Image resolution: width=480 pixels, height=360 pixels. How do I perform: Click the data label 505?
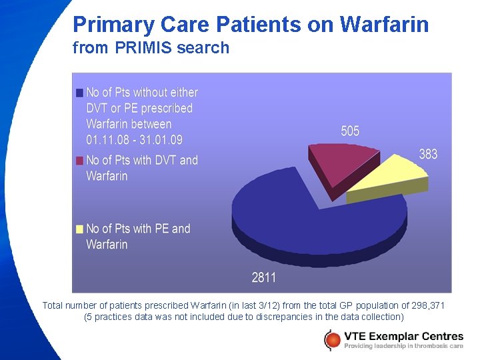tap(350, 131)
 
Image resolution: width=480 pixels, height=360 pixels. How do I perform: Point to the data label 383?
tap(428, 154)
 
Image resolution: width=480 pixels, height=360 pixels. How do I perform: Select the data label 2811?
tap(264, 277)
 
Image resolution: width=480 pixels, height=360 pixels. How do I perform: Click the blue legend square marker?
tap(80, 93)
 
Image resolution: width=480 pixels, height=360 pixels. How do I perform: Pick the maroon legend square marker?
tap(80, 161)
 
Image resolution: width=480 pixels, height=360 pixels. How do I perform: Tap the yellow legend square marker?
tap(80, 229)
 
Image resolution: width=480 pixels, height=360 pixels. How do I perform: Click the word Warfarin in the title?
tap(384, 25)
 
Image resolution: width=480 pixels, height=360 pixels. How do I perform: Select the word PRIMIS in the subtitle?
tap(141, 48)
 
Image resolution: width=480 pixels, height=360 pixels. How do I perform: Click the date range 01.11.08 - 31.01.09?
tap(134, 140)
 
